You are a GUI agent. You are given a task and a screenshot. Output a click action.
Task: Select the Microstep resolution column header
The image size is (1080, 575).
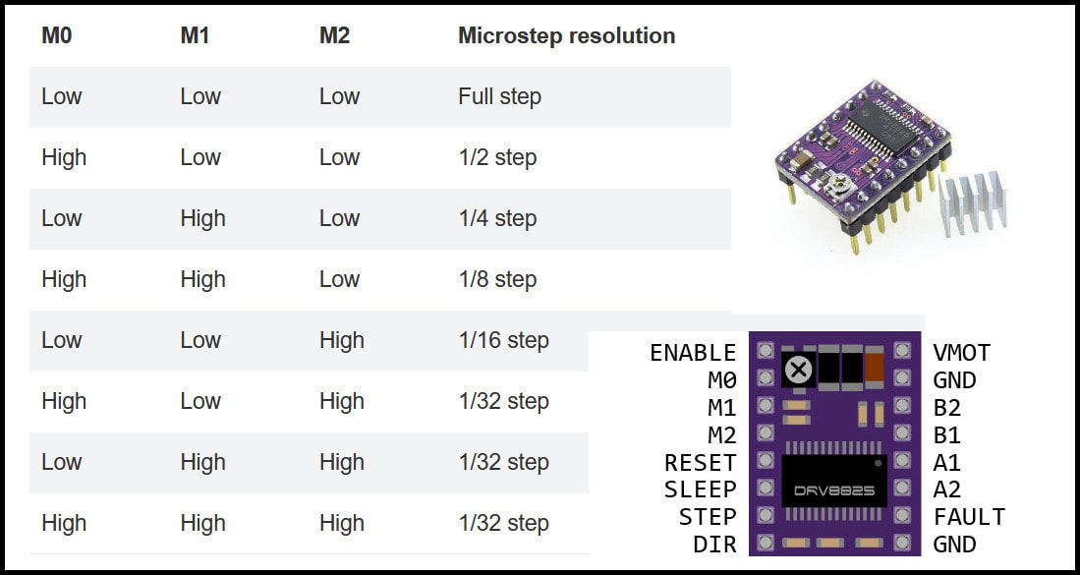click(566, 36)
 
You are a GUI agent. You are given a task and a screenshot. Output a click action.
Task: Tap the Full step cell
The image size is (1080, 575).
click(499, 96)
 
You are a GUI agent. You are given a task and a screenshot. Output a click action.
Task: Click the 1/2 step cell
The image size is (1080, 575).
click(497, 157)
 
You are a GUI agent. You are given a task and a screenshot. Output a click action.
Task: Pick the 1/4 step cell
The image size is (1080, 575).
click(497, 218)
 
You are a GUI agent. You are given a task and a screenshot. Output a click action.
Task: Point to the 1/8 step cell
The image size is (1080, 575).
click(497, 279)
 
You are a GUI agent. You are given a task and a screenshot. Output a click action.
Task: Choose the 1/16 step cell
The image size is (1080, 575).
click(503, 340)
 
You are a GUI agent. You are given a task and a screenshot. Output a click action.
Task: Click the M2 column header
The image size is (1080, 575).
click(334, 36)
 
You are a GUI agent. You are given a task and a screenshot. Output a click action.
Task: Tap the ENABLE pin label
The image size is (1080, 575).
click(693, 353)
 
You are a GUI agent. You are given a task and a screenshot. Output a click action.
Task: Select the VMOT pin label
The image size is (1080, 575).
click(962, 353)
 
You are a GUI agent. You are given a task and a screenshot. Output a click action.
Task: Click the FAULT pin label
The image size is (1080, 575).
click(969, 516)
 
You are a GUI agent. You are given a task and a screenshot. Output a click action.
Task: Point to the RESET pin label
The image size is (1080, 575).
click(700, 462)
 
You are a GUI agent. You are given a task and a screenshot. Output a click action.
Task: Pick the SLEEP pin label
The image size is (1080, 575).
click(700, 489)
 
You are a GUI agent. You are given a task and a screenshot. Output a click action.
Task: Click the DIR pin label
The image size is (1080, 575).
click(714, 544)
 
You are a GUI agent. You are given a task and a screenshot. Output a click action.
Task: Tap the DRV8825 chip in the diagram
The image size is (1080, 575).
click(834, 481)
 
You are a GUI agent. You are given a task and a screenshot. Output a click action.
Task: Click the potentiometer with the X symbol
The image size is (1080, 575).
click(800, 370)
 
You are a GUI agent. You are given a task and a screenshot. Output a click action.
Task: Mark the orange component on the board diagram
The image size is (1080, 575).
click(876, 369)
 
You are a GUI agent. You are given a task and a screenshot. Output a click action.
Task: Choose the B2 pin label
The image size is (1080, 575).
click(947, 407)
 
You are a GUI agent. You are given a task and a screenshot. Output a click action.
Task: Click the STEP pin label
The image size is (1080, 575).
click(707, 516)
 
